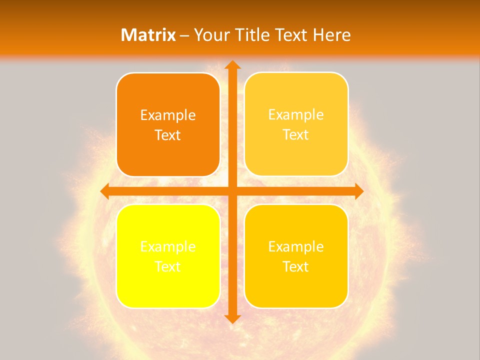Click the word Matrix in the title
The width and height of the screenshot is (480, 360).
point(148,35)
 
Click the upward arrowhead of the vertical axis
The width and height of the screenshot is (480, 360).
point(232,64)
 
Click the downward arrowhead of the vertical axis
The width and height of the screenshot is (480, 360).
point(232,318)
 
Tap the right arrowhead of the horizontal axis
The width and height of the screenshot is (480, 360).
point(358,191)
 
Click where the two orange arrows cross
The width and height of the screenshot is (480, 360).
point(232,191)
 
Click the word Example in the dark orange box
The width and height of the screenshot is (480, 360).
point(168,115)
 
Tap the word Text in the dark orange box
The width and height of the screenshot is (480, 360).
point(168,135)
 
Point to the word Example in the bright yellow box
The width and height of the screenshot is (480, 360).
point(168,247)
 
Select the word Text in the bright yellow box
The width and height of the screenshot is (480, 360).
point(168,267)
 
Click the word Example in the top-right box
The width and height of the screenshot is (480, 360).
point(296,115)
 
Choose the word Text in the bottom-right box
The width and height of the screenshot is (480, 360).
point(296,267)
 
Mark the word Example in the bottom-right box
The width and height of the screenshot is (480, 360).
point(296,247)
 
